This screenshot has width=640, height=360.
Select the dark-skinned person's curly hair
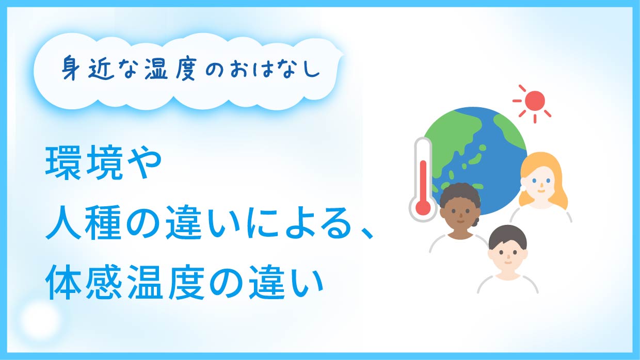tap(460, 197)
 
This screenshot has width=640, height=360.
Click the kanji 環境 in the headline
tap(82, 163)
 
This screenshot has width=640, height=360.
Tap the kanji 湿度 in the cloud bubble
tap(170, 68)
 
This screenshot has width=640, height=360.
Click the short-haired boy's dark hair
tap(508, 237)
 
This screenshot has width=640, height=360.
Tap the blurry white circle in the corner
tap(41, 319)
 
